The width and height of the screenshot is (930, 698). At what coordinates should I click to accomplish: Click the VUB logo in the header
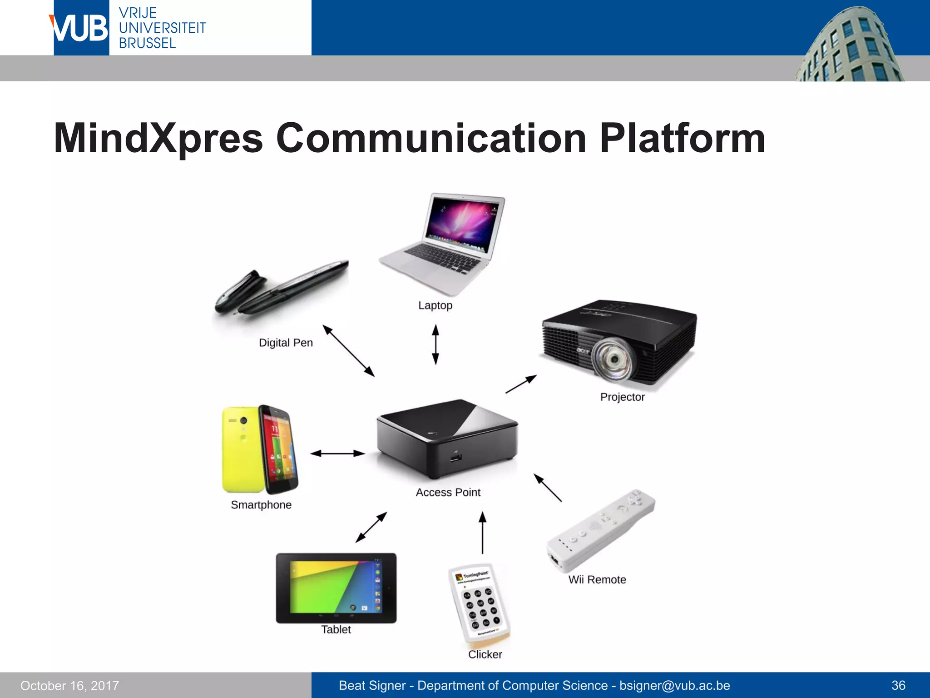(x=81, y=28)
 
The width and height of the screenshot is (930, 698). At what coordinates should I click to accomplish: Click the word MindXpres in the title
(x=158, y=138)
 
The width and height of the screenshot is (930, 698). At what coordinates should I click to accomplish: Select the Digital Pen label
(x=286, y=343)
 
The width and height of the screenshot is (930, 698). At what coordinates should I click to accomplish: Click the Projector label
(x=622, y=397)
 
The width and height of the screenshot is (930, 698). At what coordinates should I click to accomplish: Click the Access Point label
(x=448, y=492)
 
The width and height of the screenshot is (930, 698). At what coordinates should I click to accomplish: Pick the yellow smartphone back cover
(x=241, y=450)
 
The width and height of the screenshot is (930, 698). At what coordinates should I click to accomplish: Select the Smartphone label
(x=261, y=505)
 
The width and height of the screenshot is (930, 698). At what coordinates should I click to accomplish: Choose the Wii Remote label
(x=597, y=580)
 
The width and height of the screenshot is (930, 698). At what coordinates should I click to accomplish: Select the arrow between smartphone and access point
(x=337, y=453)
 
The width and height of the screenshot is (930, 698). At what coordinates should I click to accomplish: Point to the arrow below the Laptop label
(x=435, y=344)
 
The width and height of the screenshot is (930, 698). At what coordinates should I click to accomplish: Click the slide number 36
(x=898, y=685)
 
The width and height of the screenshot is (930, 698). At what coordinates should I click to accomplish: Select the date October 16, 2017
(x=69, y=686)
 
